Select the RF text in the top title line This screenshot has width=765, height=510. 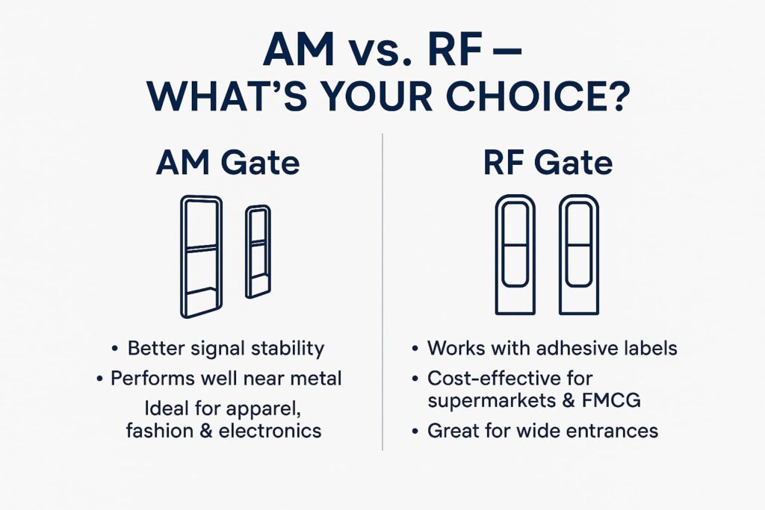(x=456, y=50)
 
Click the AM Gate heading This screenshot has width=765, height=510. (x=228, y=163)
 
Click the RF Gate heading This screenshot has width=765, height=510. (x=548, y=163)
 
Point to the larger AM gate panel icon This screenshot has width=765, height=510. (x=182, y=256)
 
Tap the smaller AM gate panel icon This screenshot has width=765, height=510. (x=247, y=252)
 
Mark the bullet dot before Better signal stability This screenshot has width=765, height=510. (x=114, y=349)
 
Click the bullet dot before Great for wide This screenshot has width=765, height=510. (x=415, y=432)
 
